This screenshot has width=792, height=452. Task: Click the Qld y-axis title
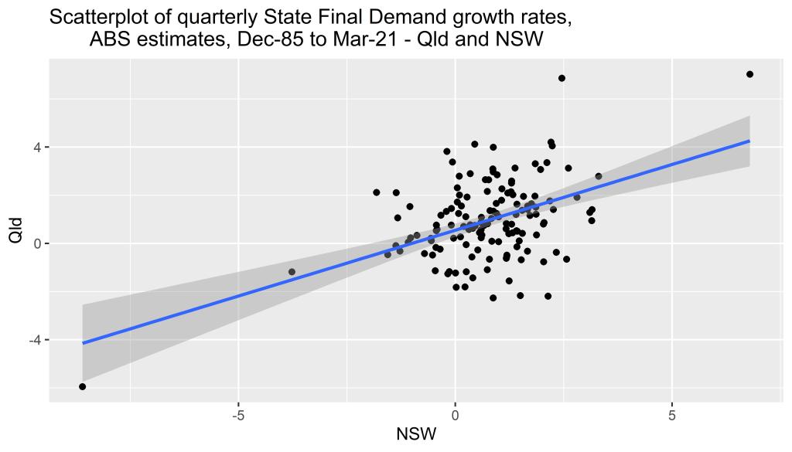(16, 231)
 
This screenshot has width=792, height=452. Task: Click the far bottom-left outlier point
(82, 386)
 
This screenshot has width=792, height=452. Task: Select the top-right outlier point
(749, 74)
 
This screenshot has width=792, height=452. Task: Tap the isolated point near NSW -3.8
(292, 272)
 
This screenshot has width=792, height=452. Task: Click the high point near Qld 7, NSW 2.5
(562, 78)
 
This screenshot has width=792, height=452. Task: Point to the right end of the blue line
(749, 141)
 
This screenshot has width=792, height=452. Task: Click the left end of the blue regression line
(82, 342)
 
